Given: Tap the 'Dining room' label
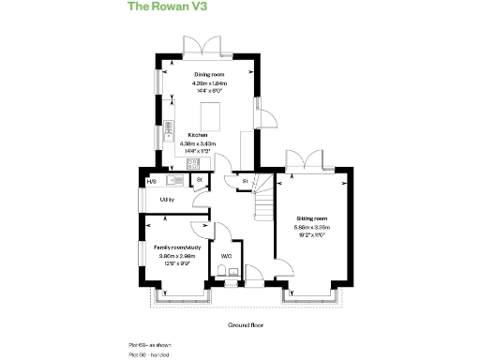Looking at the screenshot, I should pyautogui.click(x=209, y=73).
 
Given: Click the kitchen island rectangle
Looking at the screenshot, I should pyautogui.click(x=211, y=112).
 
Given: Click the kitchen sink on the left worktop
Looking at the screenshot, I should pyautogui.click(x=170, y=128).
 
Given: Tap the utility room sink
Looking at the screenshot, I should pyautogui.click(x=174, y=179).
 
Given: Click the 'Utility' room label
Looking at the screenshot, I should pyautogui.click(x=167, y=200).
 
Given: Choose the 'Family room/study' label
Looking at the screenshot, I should pyautogui.click(x=176, y=247).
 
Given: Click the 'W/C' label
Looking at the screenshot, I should pyautogui.click(x=226, y=255).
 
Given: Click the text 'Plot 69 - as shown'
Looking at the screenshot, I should pyautogui.click(x=151, y=346).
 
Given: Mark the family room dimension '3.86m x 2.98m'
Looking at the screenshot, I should pyautogui.click(x=176, y=256).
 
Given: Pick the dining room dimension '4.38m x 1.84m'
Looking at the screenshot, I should pyautogui.click(x=209, y=82).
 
